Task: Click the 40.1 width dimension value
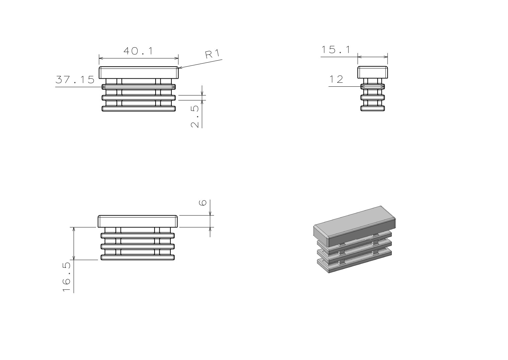coord(139,51)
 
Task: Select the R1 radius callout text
coord(213,54)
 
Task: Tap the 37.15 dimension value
coord(75,80)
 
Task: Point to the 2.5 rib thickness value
coord(195,117)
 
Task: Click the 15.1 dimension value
coord(336,50)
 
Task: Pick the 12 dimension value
coord(336,79)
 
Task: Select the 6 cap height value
coord(203,203)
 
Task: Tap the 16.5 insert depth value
coord(67,277)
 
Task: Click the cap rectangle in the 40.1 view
coord(139,73)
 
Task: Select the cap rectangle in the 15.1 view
coord(372,72)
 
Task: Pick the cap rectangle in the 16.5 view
coord(138,221)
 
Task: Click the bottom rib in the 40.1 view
coord(139,109)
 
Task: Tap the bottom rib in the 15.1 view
coord(372,108)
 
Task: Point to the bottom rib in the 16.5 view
coord(138,258)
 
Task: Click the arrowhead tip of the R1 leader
coord(179,68)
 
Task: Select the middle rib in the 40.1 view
coord(139,97)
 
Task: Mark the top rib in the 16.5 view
coord(138,235)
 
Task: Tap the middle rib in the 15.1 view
coord(372,97)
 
